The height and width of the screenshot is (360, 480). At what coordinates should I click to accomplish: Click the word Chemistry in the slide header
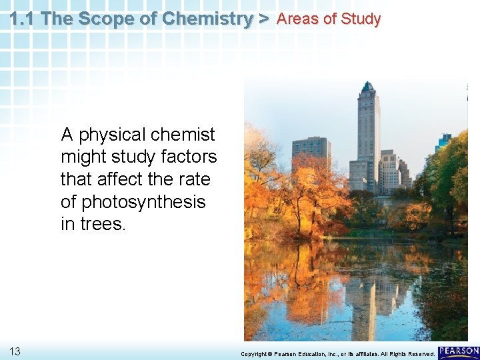pos(205,19)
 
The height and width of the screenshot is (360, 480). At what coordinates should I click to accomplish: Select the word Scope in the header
pos(121,19)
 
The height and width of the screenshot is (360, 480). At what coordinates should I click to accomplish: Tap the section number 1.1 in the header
pos(23,19)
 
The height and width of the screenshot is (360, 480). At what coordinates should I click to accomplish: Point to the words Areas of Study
pos(328,19)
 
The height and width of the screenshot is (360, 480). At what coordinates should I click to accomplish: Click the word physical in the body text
pos(113,135)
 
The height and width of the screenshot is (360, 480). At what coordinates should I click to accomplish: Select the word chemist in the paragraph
pos(183,135)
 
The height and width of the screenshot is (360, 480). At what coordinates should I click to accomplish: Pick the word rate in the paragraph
pos(195,180)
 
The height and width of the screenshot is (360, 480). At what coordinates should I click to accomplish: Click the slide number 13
pos(15,351)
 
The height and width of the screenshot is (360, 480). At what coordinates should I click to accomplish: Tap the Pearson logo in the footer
pos(459,351)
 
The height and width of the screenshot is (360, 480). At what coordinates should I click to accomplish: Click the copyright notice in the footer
pos(337,353)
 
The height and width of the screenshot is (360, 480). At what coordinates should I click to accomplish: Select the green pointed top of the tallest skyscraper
pos(367,87)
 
